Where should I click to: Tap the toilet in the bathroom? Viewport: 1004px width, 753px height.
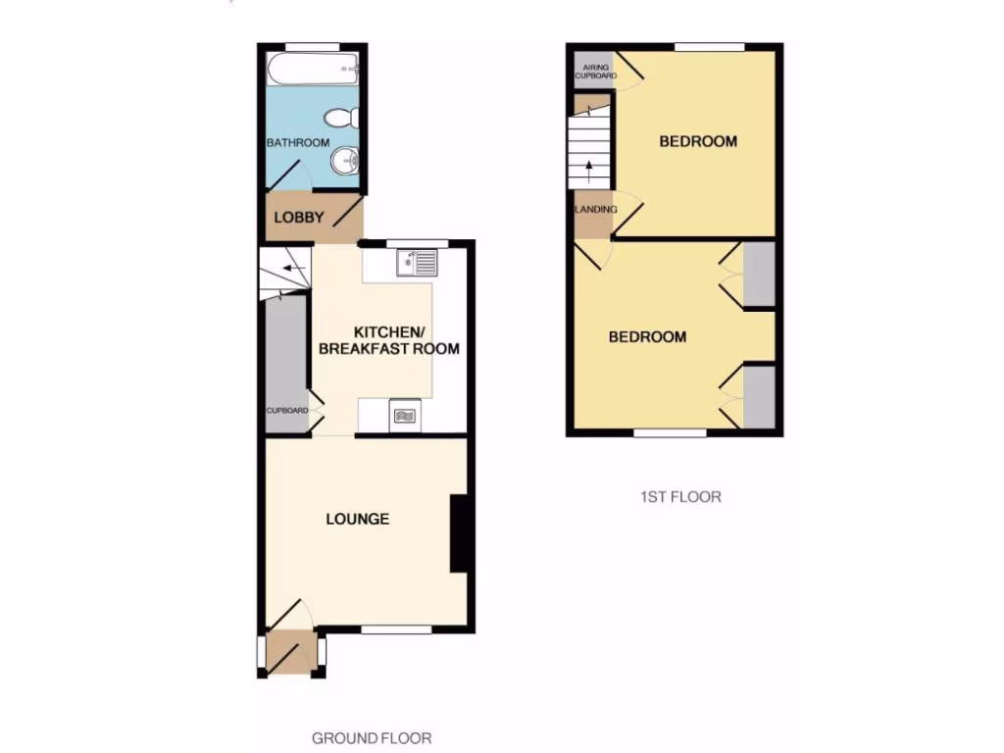tap(340, 119)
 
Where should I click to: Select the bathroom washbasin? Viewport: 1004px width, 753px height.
tap(344, 163)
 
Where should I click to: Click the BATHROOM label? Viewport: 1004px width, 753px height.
tap(298, 143)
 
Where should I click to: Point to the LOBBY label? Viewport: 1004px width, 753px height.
tap(298, 218)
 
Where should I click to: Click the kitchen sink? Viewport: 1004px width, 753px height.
tap(418, 263)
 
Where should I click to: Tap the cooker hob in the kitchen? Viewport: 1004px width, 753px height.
tap(404, 416)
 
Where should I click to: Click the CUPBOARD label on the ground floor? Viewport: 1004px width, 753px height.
tap(287, 411)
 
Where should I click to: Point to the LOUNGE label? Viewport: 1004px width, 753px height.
tap(357, 519)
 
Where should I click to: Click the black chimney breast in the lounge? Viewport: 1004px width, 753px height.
tap(458, 533)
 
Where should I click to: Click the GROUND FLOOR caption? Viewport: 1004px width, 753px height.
tap(372, 738)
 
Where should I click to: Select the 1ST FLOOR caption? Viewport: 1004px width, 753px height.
tap(675, 497)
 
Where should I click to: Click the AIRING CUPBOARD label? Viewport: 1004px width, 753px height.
tap(595, 71)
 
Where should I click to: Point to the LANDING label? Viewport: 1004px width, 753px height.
tap(595, 209)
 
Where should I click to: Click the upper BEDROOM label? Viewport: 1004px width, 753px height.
tap(697, 141)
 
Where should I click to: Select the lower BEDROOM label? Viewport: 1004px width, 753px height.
tap(647, 337)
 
